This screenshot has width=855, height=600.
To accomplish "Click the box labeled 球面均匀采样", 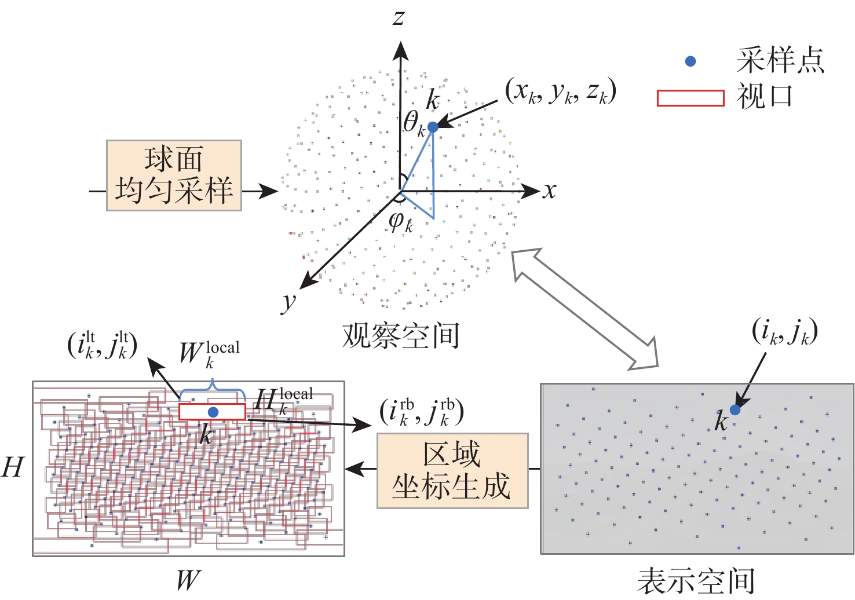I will (x=174, y=175).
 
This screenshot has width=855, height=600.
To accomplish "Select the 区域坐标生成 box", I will (x=452, y=471).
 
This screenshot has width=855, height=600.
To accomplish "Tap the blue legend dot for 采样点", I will (x=690, y=61).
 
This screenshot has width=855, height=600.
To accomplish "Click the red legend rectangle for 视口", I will (x=690, y=98).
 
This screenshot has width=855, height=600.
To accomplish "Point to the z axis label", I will (x=399, y=17).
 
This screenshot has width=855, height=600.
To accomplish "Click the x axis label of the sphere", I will (x=549, y=191).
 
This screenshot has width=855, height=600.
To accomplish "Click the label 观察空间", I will (x=401, y=335).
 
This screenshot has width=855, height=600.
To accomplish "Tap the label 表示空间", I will (x=696, y=581).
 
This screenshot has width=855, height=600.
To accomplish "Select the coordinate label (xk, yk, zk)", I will (x=560, y=92).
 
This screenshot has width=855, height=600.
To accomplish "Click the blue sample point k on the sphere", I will (x=433, y=127).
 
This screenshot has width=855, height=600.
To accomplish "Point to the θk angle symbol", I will (x=414, y=124).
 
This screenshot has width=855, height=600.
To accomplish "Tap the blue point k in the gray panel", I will (x=735, y=410).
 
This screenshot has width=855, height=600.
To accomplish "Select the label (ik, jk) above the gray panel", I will (x=784, y=332).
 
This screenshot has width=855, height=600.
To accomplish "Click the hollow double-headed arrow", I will (x=586, y=309).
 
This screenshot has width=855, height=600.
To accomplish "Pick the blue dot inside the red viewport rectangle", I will (x=213, y=412).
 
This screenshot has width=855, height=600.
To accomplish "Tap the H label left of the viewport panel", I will (x=13, y=467).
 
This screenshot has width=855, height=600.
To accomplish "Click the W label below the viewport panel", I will (x=188, y=580).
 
